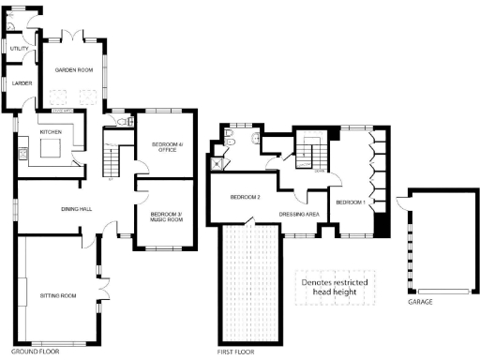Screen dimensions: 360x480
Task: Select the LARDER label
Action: (22, 83)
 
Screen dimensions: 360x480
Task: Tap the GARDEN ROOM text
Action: (71, 70)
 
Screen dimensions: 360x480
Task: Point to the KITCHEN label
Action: (50, 132)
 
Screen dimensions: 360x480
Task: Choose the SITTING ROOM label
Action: (57, 295)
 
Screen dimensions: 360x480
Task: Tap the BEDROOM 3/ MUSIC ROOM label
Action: (166, 218)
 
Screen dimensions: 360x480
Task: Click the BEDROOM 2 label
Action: (246, 197)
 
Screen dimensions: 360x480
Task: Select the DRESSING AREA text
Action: (301, 215)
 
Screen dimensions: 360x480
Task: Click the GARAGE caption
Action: (419, 303)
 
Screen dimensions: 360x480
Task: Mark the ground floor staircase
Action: (112, 159)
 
